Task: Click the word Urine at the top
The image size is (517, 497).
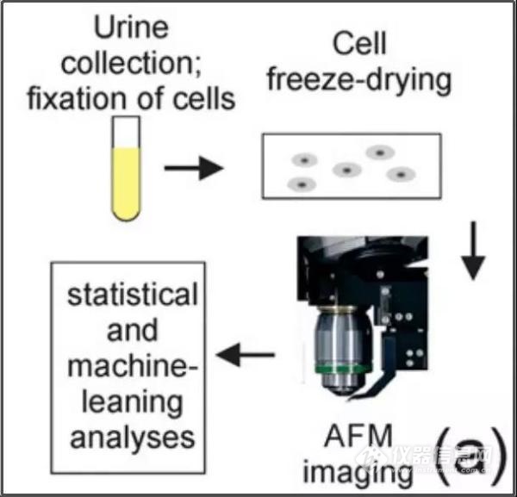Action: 131,28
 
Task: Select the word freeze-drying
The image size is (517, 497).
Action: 359,81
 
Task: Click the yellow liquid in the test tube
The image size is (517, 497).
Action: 127,183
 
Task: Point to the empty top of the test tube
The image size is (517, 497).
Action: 127,132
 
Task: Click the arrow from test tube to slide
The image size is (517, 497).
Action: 194,168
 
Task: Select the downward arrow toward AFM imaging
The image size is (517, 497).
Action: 473,251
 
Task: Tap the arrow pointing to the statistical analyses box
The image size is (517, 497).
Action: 246,355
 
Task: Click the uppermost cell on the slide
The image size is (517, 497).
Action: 380,152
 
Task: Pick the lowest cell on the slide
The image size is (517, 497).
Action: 302,184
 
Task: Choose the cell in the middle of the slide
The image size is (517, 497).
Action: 347,170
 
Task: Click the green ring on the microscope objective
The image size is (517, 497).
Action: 343,369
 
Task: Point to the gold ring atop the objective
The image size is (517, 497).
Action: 338,309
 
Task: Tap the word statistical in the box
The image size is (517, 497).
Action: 132,295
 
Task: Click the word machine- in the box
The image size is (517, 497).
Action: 132,366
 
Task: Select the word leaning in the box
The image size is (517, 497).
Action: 132,403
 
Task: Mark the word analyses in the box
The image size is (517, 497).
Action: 132,438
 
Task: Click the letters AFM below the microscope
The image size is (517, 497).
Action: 358,436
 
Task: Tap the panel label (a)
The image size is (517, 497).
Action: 470,456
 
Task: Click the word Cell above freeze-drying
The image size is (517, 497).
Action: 359,44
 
